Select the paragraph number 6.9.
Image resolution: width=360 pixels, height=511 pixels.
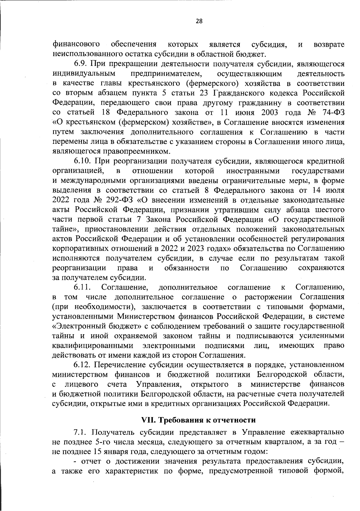tap(80, 64)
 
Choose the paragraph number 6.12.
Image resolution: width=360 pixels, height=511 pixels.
tap(82, 365)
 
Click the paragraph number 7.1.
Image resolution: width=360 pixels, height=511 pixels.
tap(80, 432)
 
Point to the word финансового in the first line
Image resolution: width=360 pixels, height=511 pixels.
tap(76, 44)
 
